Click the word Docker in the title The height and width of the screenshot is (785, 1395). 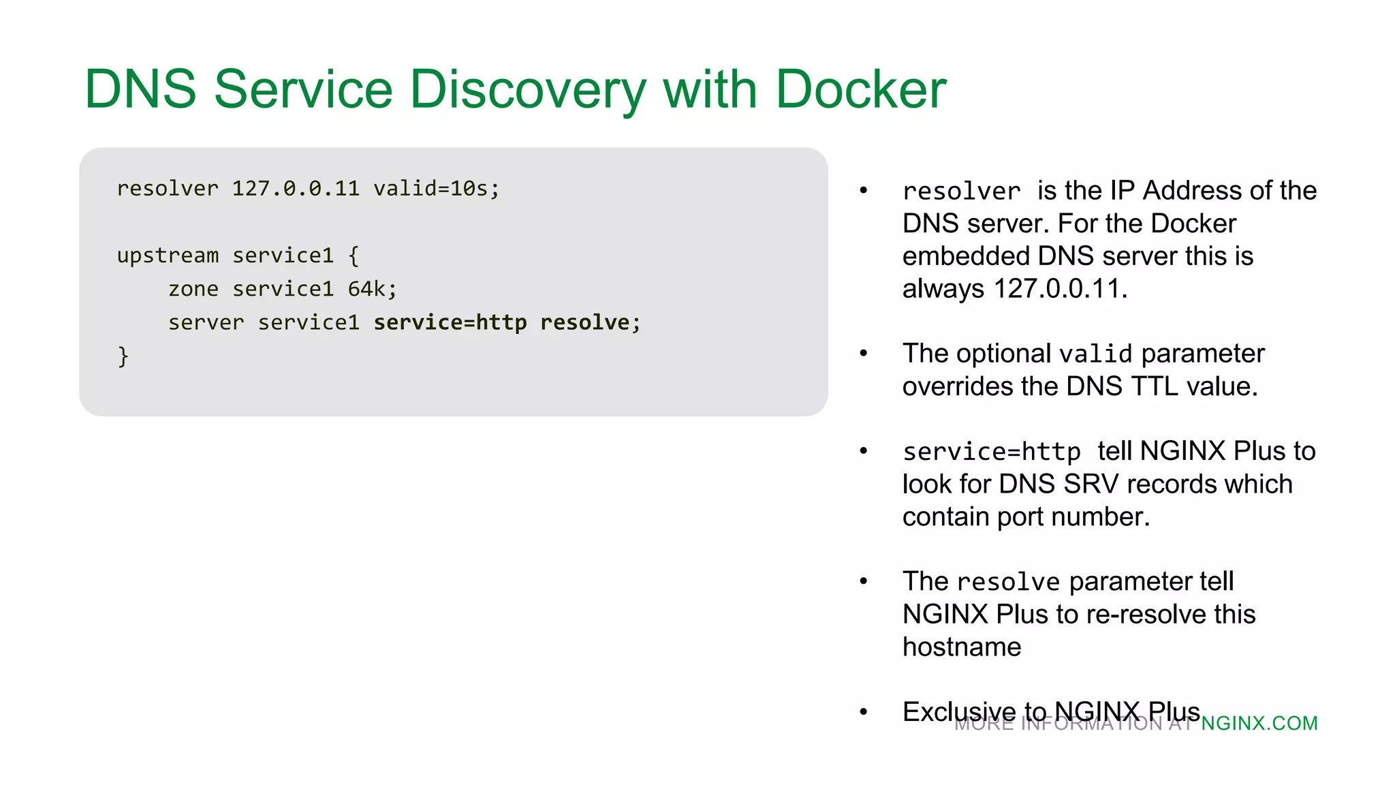click(x=860, y=89)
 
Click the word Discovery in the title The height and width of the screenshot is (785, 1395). click(x=528, y=89)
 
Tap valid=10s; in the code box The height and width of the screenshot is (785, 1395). click(x=436, y=188)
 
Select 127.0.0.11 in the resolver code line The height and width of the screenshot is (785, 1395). click(x=296, y=188)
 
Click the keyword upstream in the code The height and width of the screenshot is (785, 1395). click(x=168, y=256)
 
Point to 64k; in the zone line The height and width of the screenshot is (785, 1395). click(x=372, y=289)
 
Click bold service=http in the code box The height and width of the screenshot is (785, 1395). click(x=450, y=322)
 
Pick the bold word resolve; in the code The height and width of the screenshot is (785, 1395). click(x=590, y=322)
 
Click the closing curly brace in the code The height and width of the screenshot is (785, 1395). click(x=123, y=356)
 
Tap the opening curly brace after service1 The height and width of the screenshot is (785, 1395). click(x=354, y=256)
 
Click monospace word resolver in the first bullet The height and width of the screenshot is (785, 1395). click(x=961, y=191)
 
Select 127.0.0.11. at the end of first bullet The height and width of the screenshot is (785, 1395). click(x=1061, y=289)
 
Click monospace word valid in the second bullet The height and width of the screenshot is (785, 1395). click(x=1095, y=354)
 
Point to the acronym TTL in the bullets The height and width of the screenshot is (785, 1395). click(x=1155, y=386)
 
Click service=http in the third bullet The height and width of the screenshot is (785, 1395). click(x=991, y=452)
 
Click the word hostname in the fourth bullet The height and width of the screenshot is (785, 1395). click(x=961, y=647)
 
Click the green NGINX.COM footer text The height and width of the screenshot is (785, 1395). click(x=1259, y=724)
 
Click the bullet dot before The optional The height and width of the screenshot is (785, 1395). click(x=864, y=353)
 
